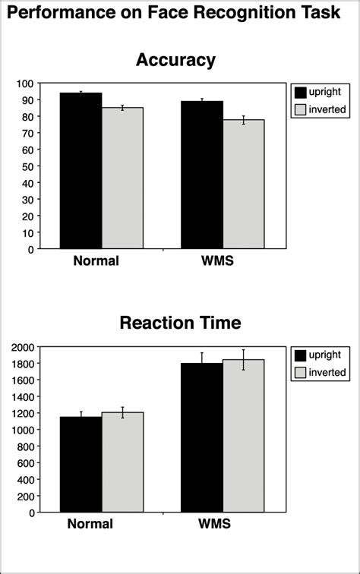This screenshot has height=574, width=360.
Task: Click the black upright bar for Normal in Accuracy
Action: (x=81, y=171)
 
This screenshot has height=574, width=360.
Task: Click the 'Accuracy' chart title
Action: (x=175, y=60)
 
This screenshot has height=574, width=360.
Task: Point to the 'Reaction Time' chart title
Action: (x=180, y=323)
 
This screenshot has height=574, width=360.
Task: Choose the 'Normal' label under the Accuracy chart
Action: (x=96, y=261)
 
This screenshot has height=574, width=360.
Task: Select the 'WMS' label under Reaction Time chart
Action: (x=215, y=525)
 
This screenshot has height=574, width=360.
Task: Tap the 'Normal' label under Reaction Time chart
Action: (x=90, y=525)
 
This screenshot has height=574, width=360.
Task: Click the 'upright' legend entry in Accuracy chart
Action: (x=327, y=91)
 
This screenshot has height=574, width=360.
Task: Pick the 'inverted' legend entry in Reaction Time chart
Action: (x=328, y=372)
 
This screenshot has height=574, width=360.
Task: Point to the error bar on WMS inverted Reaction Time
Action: (x=244, y=359)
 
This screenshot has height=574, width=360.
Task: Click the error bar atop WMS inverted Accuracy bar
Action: (x=244, y=119)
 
